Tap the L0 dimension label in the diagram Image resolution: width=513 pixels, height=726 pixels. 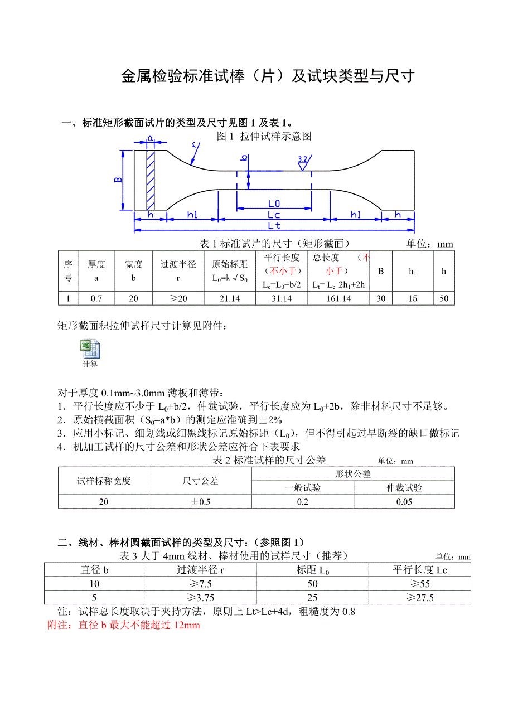[274, 204]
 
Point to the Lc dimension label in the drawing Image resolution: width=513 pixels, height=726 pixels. [274, 215]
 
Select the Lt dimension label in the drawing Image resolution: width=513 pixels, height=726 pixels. [274, 225]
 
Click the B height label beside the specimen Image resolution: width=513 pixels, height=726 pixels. [118, 180]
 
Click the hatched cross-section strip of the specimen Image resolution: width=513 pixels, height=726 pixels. [150, 180]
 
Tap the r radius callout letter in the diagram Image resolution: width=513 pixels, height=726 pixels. [195, 146]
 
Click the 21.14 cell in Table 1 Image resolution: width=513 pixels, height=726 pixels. [230, 298]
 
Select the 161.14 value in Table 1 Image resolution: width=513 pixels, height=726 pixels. [338, 298]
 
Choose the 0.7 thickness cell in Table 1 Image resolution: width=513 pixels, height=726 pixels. [96, 298]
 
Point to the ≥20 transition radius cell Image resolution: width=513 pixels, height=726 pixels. [178, 298]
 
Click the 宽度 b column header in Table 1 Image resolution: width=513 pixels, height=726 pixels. [133, 270]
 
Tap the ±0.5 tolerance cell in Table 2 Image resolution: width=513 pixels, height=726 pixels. [201, 502]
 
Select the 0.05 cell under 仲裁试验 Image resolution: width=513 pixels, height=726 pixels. [404, 502]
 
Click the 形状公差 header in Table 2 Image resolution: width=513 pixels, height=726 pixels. [353, 474]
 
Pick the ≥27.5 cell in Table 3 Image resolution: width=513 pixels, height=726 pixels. [422, 598]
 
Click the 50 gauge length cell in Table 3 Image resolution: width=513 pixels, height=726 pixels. [312, 584]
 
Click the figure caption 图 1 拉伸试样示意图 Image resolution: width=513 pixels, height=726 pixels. [264, 136]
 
